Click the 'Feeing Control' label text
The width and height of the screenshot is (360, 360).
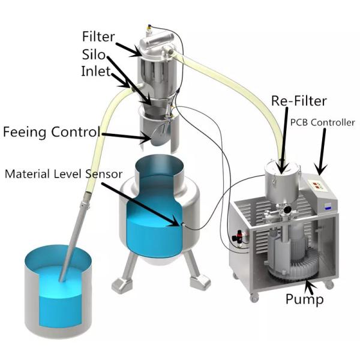point(51,131)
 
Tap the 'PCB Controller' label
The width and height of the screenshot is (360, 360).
point(322,123)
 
